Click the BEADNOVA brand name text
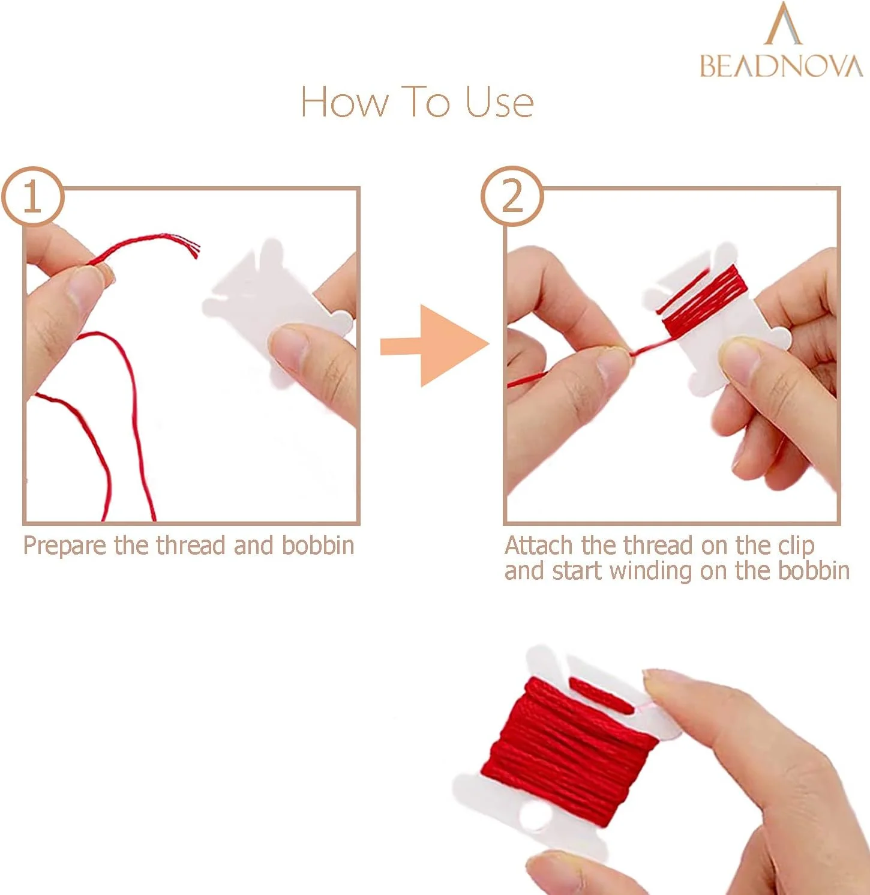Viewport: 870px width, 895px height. (781, 66)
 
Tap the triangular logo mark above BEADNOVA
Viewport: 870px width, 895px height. (784, 24)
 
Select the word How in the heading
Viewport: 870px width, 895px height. (344, 101)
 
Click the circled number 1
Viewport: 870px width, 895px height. (32, 197)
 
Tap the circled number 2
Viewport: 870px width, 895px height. (512, 196)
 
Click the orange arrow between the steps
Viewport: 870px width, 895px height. (435, 346)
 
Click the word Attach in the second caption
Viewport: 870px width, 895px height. (539, 546)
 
